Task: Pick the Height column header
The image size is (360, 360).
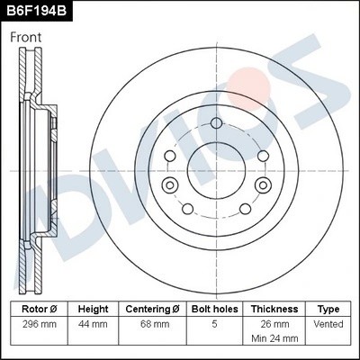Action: coord(93,307)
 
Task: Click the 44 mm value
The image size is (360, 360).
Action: coord(93,322)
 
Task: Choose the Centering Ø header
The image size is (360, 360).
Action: coord(155,307)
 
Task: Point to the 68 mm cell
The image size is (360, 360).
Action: coord(155,322)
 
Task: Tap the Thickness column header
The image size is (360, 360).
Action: coord(274,307)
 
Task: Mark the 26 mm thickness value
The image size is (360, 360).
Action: coord(274,322)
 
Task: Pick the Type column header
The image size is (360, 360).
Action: coord(329,307)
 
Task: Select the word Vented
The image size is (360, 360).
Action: coord(329,322)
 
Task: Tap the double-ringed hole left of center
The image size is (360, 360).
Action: coord(167,184)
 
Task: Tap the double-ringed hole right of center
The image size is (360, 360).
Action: coord(262,184)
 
